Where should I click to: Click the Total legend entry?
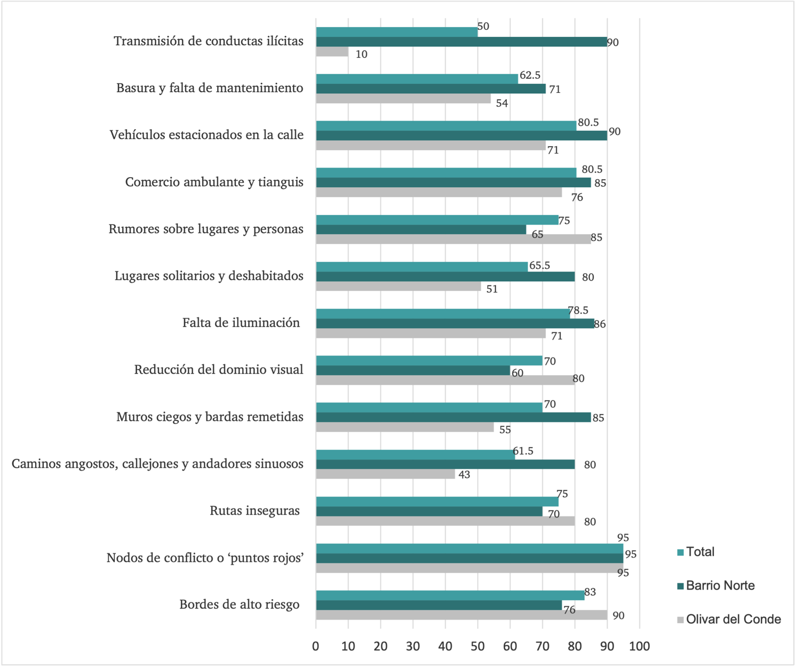coord(699,552)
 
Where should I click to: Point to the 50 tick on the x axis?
coord(477,647)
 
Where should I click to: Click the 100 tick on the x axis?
coord(639,647)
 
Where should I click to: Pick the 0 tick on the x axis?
coord(316,647)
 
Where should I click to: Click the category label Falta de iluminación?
coord(241,323)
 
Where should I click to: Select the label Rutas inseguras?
coord(254,511)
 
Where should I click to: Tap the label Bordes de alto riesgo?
coord(239,605)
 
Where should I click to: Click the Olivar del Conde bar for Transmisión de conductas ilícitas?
coord(332,52)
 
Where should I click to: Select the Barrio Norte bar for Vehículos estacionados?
coord(461,136)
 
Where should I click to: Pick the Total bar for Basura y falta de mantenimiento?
coord(417,79)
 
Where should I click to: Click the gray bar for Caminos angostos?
coord(385,474)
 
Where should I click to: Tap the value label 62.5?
coord(530,75)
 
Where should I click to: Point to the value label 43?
coord(464,474)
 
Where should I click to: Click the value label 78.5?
coord(578,311)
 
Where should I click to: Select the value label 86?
coord(600,324)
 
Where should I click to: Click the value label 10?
coord(361,54)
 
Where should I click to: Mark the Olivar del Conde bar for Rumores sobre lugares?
coord(453,239)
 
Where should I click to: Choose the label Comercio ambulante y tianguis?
coord(214,182)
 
